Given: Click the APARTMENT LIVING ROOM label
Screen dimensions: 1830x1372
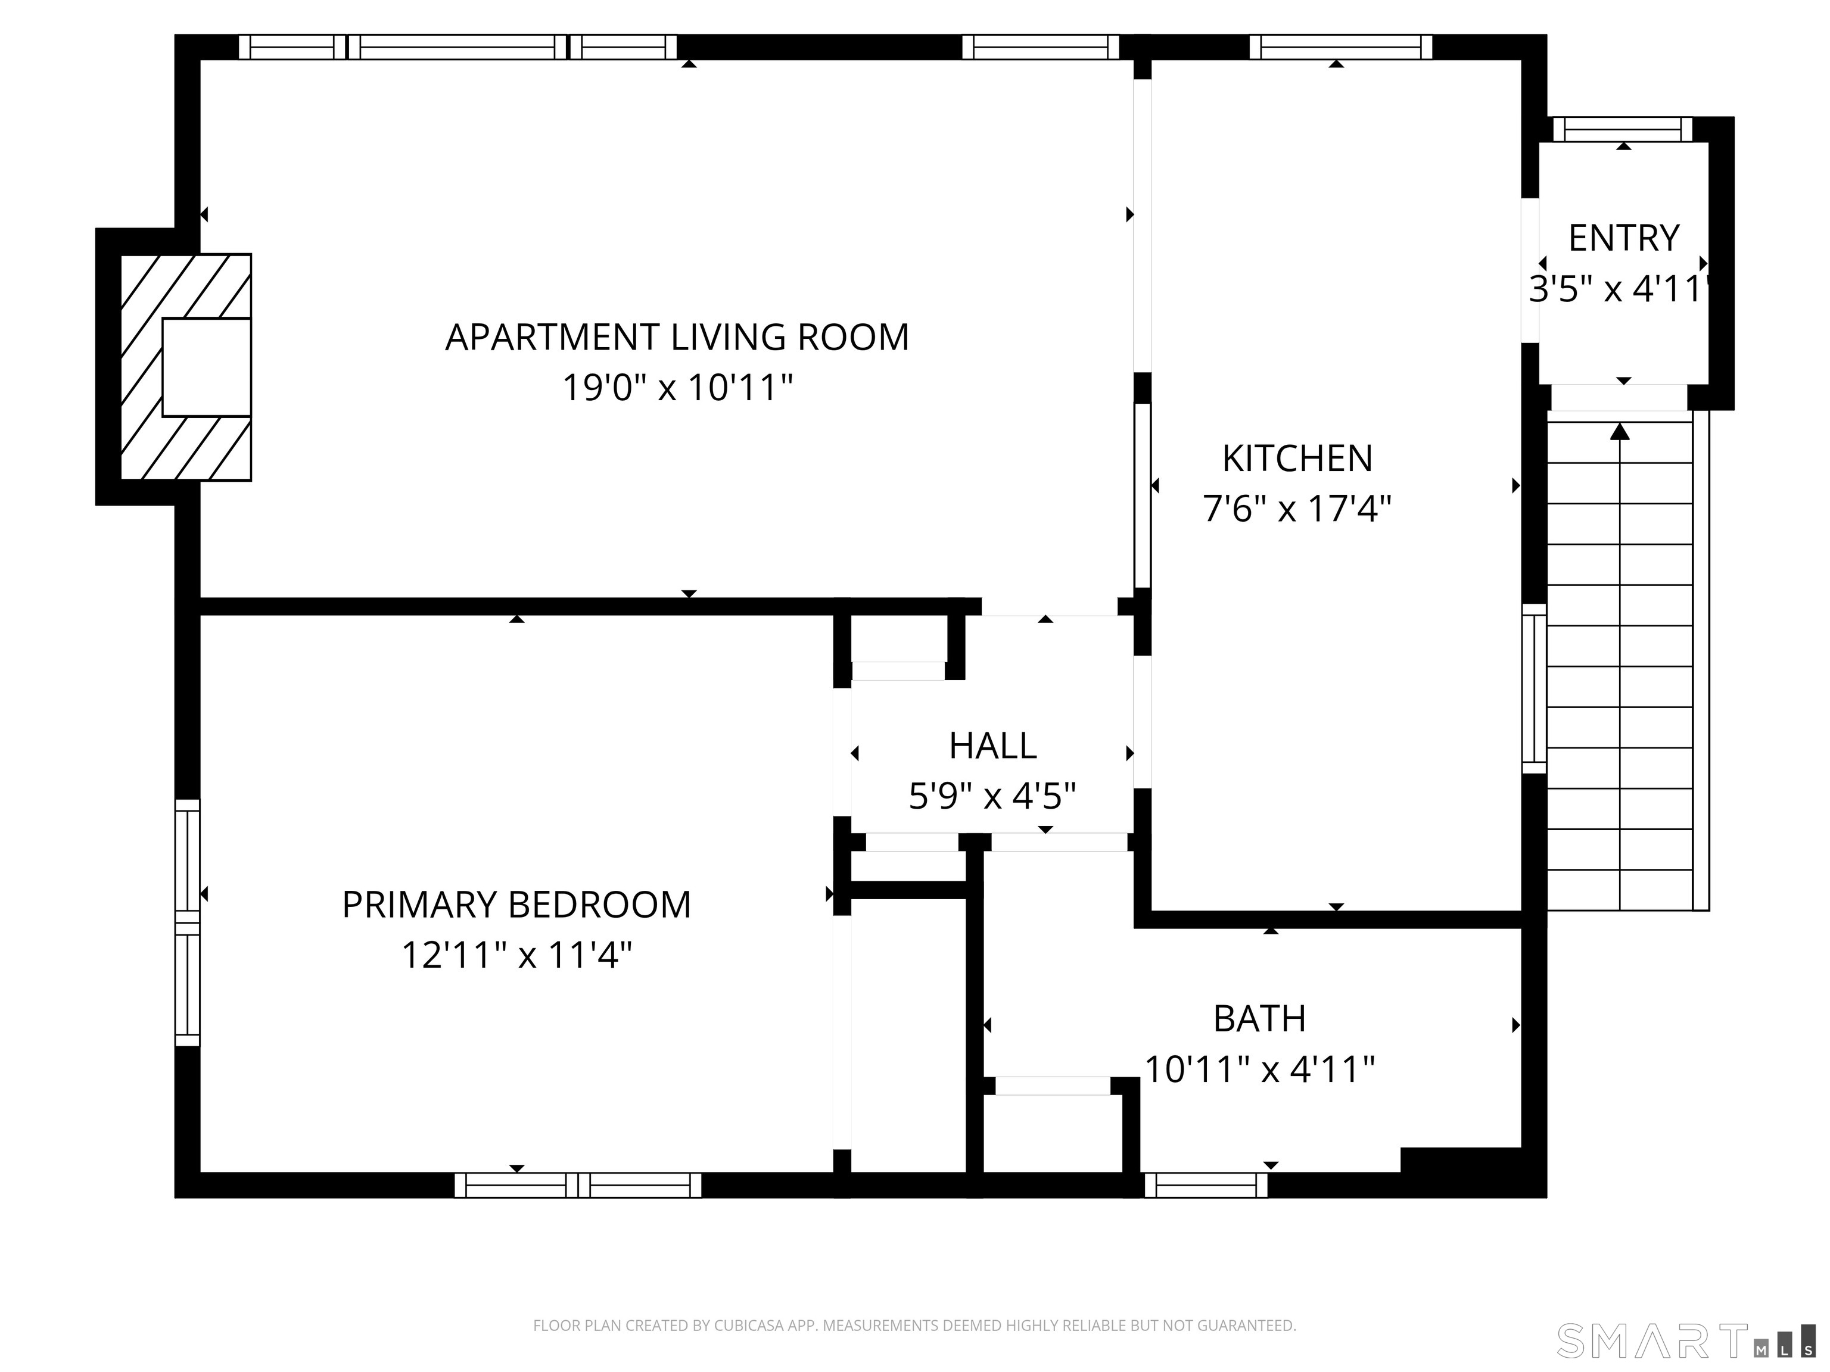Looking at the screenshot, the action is click(677, 338).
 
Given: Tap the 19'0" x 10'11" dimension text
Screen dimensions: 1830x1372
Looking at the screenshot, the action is click(677, 387).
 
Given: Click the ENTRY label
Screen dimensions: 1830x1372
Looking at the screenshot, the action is click(1623, 238).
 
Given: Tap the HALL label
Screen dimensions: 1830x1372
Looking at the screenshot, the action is click(993, 746).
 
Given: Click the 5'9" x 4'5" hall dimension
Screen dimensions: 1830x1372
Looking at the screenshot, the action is click(993, 796).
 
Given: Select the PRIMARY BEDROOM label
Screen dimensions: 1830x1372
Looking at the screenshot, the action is click(516, 905).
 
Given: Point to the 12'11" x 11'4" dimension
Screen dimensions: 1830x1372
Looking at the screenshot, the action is click(516, 955).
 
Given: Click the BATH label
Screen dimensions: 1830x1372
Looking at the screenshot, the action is click(1259, 1019).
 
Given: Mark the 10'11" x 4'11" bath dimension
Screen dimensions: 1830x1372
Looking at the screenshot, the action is click(1259, 1069).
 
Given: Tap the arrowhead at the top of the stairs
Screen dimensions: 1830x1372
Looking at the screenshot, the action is click(1620, 431).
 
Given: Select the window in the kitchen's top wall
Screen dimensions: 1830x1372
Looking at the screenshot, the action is click(1340, 47).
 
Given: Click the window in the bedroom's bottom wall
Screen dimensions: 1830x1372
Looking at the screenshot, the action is click(577, 1185).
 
